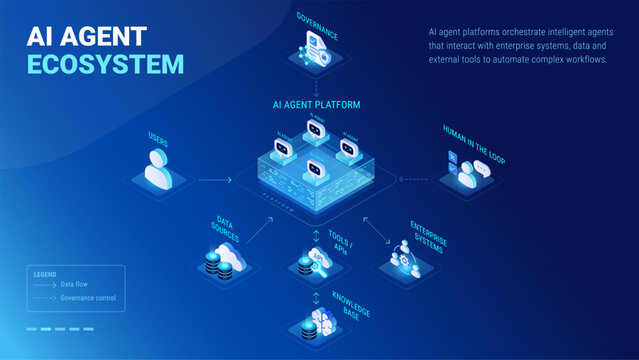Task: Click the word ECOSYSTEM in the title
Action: click(x=106, y=65)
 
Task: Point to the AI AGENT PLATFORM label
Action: click(x=316, y=104)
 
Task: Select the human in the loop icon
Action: click(x=467, y=172)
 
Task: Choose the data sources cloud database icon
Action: click(x=218, y=261)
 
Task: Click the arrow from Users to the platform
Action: click(x=214, y=180)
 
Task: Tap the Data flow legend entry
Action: click(x=75, y=284)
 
